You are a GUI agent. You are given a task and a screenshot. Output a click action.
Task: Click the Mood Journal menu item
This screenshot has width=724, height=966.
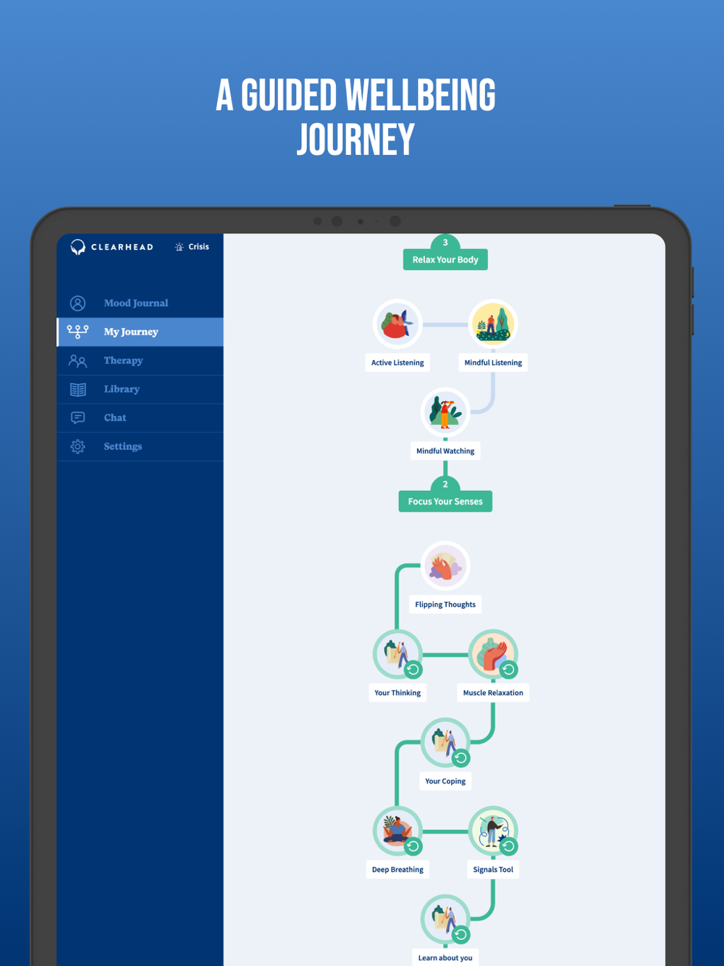pyautogui.click(x=135, y=303)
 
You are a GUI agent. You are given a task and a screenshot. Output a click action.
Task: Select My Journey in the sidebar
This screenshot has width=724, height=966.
pyautogui.click(x=131, y=332)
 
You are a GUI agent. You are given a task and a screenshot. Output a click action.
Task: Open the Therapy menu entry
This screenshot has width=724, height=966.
pyautogui.click(x=123, y=361)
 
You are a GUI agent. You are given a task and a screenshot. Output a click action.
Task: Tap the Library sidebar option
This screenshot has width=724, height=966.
pyautogui.click(x=122, y=389)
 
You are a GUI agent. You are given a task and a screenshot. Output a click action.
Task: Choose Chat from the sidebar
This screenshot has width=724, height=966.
pyautogui.click(x=115, y=418)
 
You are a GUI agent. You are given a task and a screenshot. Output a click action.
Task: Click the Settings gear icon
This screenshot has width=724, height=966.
pyautogui.click(x=78, y=447)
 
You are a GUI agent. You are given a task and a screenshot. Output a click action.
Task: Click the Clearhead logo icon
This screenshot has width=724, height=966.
pyautogui.click(x=78, y=248)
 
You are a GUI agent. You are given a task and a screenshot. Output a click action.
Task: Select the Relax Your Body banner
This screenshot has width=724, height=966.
pyautogui.click(x=445, y=259)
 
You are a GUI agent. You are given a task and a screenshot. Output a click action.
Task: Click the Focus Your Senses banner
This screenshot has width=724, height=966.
pyautogui.click(x=445, y=501)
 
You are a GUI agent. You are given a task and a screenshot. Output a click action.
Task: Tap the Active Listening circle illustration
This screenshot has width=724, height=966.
pyautogui.click(x=397, y=324)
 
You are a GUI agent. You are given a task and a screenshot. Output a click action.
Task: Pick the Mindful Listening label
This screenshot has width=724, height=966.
pyautogui.click(x=493, y=363)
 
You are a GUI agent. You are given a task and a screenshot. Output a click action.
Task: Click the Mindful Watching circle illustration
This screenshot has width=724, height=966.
pyautogui.click(x=445, y=412)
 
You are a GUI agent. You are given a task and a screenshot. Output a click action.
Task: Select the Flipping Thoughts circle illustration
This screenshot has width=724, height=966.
pyautogui.click(x=445, y=566)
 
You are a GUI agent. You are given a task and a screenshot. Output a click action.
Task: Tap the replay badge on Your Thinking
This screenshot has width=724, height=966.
pyautogui.click(x=413, y=670)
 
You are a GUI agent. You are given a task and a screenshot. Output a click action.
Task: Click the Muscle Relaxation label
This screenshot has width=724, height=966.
pyautogui.click(x=493, y=693)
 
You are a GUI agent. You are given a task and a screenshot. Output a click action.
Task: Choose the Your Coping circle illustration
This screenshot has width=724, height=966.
pyautogui.click(x=444, y=741)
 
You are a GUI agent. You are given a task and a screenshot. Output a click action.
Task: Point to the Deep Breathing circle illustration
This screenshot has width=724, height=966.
pyautogui.click(x=396, y=829)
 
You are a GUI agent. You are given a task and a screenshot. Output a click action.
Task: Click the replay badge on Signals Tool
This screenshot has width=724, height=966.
pyautogui.click(x=509, y=846)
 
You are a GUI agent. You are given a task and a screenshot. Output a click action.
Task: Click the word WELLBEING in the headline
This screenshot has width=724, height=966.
pyautogui.click(x=420, y=96)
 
